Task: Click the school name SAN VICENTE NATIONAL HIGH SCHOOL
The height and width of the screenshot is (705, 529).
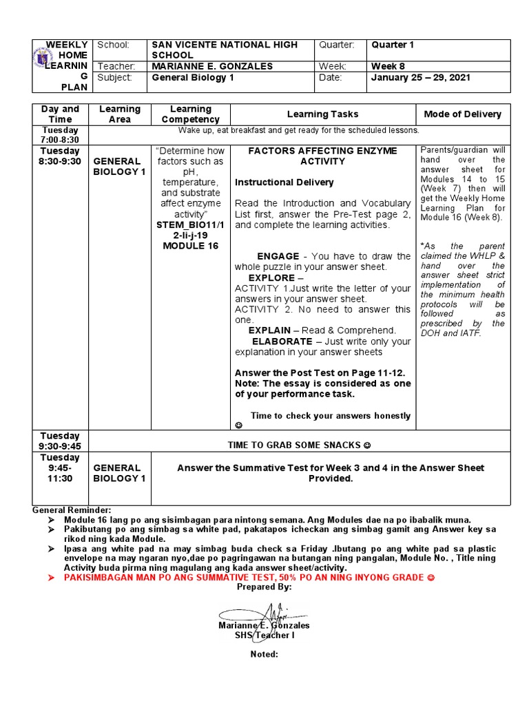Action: click(x=224, y=50)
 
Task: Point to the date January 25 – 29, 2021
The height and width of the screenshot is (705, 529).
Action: click(x=420, y=78)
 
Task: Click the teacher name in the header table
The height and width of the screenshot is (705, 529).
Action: click(x=211, y=66)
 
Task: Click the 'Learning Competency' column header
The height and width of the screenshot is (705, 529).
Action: click(x=190, y=114)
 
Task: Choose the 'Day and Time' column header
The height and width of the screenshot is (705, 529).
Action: click(x=61, y=114)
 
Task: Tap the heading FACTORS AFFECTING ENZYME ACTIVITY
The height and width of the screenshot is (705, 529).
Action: click(x=322, y=156)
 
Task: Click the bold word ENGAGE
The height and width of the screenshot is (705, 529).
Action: click(x=278, y=256)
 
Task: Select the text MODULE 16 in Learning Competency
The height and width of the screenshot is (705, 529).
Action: click(x=190, y=246)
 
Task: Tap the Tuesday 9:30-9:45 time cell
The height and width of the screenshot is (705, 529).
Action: click(x=61, y=441)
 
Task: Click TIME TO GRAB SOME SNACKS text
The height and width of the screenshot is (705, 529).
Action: click(x=299, y=445)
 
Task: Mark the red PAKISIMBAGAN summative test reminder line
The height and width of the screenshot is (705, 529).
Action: click(x=249, y=577)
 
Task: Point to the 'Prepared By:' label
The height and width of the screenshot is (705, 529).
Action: click(x=264, y=587)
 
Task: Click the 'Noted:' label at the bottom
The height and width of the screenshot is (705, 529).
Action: click(x=264, y=654)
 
